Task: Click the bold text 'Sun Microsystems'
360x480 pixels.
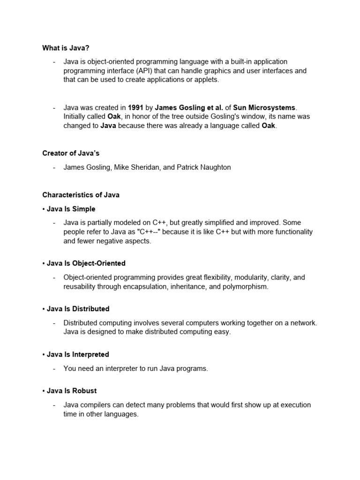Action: [x=268, y=108]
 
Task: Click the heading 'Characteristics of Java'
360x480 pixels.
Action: [x=81, y=195]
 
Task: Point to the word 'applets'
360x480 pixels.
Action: [x=205, y=80]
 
